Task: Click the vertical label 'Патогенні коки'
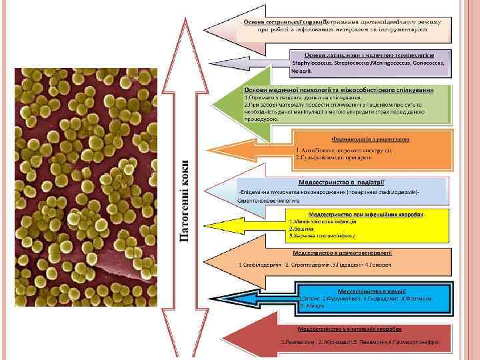coord(187,200)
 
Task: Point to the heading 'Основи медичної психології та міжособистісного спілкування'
coord(339,90)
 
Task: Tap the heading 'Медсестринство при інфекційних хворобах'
coord(366,213)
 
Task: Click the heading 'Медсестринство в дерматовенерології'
coord(343,253)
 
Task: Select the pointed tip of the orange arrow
coord(271,147)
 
